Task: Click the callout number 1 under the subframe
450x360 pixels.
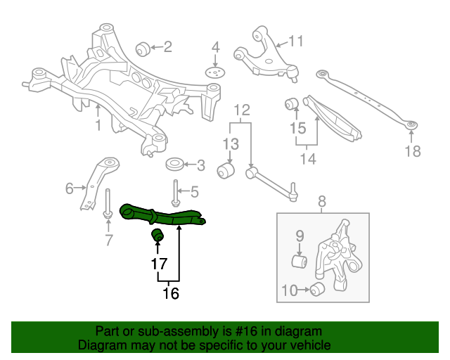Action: (98, 125)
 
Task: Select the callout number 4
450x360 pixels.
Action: (216, 48)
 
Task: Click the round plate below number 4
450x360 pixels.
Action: (217, 72)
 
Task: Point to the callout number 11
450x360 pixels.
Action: (295, 41)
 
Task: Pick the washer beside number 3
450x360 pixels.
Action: (174, 165)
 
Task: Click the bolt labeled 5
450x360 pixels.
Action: (175, 191)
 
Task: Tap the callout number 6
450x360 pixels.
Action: (70, 188)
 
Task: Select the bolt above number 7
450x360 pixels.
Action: (108, 203)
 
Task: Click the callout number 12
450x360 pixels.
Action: (242, 110)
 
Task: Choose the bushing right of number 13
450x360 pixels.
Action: (226, 170)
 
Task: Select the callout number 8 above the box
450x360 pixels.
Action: (323, 204)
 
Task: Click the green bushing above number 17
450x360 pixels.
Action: (157, 233)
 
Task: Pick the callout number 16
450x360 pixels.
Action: (170, 293)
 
